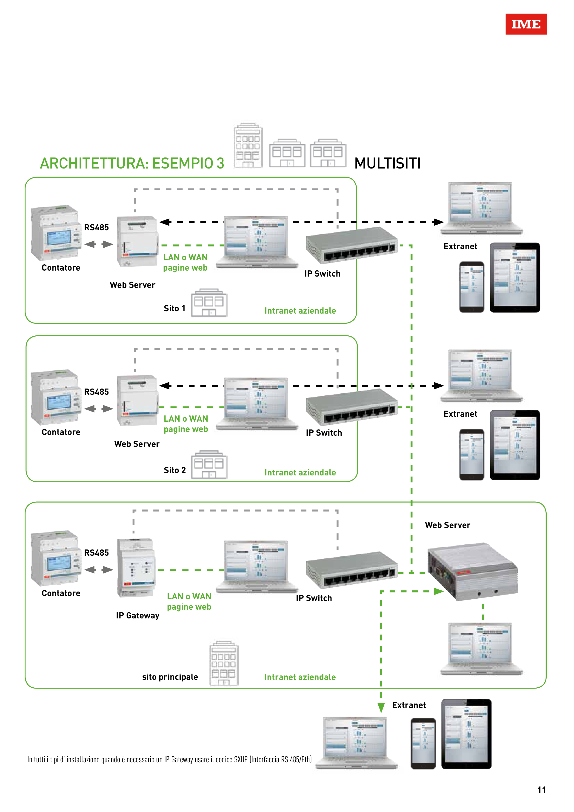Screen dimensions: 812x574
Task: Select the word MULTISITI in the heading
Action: (x=387, y=163)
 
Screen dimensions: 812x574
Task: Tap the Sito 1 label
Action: (x=174, y=308)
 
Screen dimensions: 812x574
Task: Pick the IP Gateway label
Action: (x=137, y=616)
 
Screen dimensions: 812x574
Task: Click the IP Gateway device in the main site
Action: (x=136, y=567)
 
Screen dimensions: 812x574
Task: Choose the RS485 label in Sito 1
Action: (x=96, y=227)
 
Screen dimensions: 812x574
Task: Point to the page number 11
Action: (x=541, y=790)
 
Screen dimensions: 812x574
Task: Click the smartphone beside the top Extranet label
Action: (x=471, y=287)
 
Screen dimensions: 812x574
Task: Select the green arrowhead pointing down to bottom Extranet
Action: (x=381, y=707)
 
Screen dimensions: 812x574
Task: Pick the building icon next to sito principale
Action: (x=224, y=663)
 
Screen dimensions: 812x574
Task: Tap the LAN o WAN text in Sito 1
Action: (x=185, y=257)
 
